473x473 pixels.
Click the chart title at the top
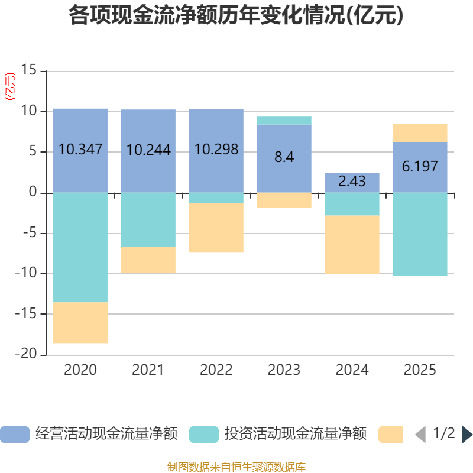pyautogui.click(x=236, y=15)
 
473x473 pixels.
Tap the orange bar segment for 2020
pyautogui.click(x=80, y=323)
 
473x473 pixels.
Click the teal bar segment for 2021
pyautogui.click(x=148, y=219)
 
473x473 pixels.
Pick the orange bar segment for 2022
pyautogui.click(x=216, y=228)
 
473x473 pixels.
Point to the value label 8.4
pyautogui.click(x=284, y=158)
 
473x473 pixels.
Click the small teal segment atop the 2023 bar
pyautogui.click(x=284, y=121)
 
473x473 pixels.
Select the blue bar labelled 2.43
pyautogui.click(x=352, y=182)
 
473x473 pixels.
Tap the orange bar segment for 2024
pyautogui.click(x=352, y=244)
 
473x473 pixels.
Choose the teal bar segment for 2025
pyautogui.click(x=420, y=234)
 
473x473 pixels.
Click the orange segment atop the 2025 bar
pyautogui.click(x=420, y=133)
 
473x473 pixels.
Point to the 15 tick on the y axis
pyautogui.click(x=28, y=71)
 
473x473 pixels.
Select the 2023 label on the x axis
pyautogui.click(x=284, y=371)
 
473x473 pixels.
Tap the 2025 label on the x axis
pyautogui.click(x=420, y=371)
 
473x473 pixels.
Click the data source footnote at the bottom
pyautogui.click(x=236, y=467)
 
